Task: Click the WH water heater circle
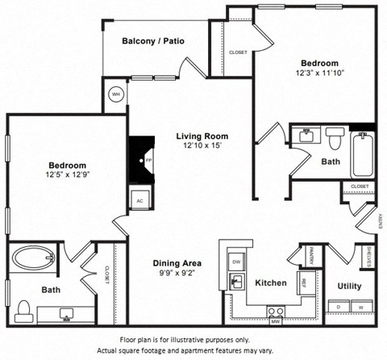[115, 94]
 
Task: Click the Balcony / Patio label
[152, 41]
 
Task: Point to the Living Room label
[202, 136]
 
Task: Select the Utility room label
[349, 286]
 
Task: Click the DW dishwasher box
[236, 262]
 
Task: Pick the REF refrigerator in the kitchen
[304, 282]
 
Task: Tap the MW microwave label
[275, 321]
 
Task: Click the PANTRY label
[310, 257]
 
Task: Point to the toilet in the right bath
[335, 140]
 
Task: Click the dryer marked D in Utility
[338, 308]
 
